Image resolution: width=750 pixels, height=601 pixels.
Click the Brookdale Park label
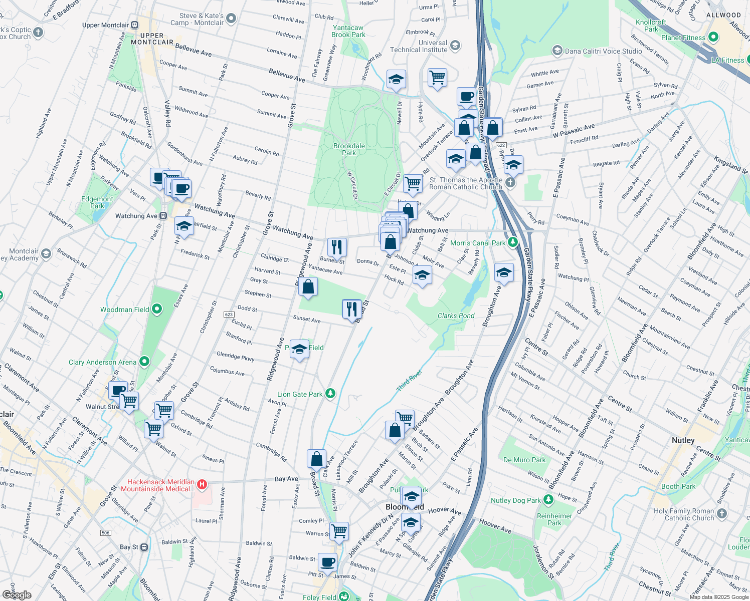[x=349, y=149]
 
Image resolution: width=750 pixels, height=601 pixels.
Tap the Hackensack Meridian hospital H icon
[x=202, y=484]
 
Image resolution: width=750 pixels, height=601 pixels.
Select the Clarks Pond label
[x=456, y=316]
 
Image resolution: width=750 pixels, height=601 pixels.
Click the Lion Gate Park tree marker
[x=330, y=394]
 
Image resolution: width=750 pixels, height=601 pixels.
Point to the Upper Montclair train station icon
[x=134, y=25]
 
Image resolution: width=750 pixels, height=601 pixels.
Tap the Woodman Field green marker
[x=157, y=309]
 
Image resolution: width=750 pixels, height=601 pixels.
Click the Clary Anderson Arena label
[x=102, y=362]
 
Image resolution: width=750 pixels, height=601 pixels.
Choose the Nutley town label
[x=683, y=440]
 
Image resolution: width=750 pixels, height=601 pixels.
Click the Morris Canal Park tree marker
[x=512, y=242]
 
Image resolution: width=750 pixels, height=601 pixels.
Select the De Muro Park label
[x=524, y=460]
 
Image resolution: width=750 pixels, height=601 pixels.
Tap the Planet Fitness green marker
[x=713, y=37]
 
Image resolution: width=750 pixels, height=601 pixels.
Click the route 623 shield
[x=229, y=315]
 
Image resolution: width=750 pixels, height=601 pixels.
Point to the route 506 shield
[x=105, y=533]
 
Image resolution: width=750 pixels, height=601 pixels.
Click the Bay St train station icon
[x=144, y=547]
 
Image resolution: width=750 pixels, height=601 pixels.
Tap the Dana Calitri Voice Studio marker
[x=557, y=51]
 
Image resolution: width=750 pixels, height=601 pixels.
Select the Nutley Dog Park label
[x=516, y=500]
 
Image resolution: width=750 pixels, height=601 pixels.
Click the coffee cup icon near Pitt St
[x=327, y=562]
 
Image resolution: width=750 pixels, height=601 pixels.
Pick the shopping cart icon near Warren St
[x=339, y=530]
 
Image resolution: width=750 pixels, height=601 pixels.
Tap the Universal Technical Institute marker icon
[x=455, y=46]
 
